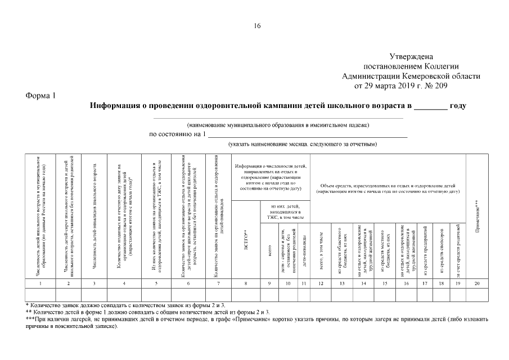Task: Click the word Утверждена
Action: pyautogui.click(x=411, y=57)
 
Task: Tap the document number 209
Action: pyautogui.click(x=441, y=86)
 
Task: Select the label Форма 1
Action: pyautogui.click(x=40, y=96)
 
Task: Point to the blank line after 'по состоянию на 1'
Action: pyautogui.click(x=308, y=135)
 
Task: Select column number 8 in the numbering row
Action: pyautogui.click(x=246, y=283)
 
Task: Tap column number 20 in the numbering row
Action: pyautogui.click(x=477, y=283)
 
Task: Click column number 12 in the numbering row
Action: pyautogui.click(x=321, y=283)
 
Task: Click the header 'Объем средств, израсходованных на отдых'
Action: pyautogui.click(x=388, y=188)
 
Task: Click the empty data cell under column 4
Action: pyautogui.click(x=124, y=294)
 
